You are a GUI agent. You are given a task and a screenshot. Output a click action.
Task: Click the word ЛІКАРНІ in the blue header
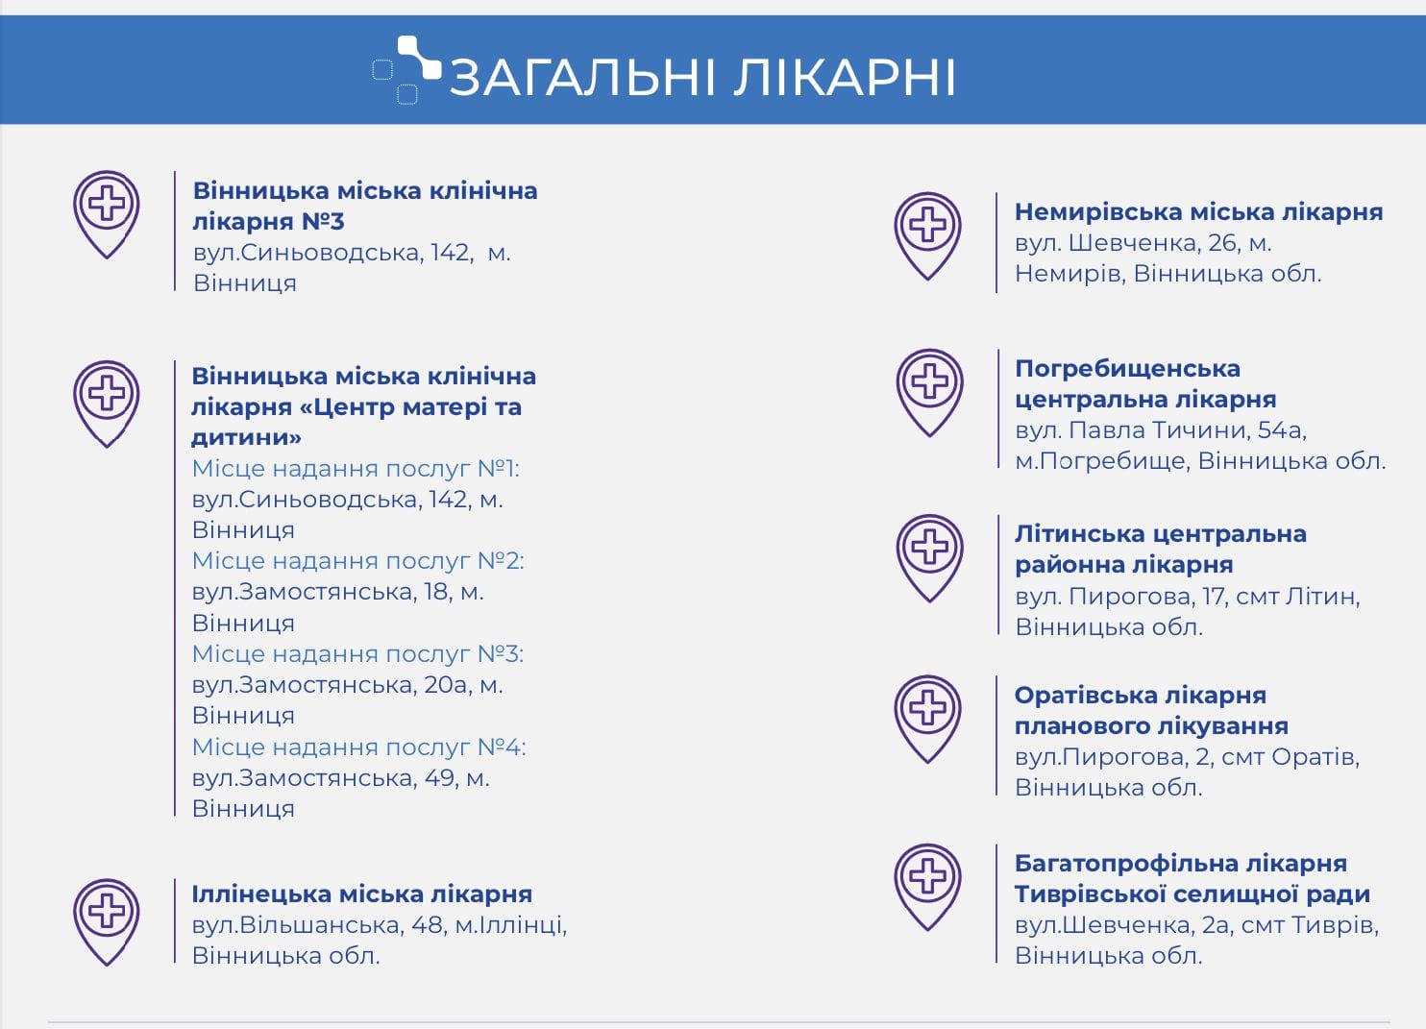pos(844,78)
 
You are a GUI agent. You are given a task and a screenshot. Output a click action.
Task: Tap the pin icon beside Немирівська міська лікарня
pos(927,236)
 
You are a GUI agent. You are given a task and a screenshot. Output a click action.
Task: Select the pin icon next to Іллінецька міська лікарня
pos(107,922)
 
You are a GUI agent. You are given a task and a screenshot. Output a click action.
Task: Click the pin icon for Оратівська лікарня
pos(927,719)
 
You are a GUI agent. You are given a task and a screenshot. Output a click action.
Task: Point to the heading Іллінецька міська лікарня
pos(361,894)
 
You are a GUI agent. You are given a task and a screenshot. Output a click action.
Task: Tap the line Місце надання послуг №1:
pos(356,468)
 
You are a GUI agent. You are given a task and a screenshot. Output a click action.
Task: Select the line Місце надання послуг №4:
pos(359,747)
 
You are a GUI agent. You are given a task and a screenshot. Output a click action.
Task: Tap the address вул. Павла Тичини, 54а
pos(1161,430)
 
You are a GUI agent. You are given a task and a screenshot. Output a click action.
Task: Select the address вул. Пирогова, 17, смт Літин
pos(1188,597)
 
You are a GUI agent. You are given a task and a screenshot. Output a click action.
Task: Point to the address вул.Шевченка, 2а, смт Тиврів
pos(1196,924)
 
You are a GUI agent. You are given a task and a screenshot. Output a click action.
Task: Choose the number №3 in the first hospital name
pos(323,221)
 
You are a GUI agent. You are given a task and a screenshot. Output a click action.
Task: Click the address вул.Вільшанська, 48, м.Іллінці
pos(379,924)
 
